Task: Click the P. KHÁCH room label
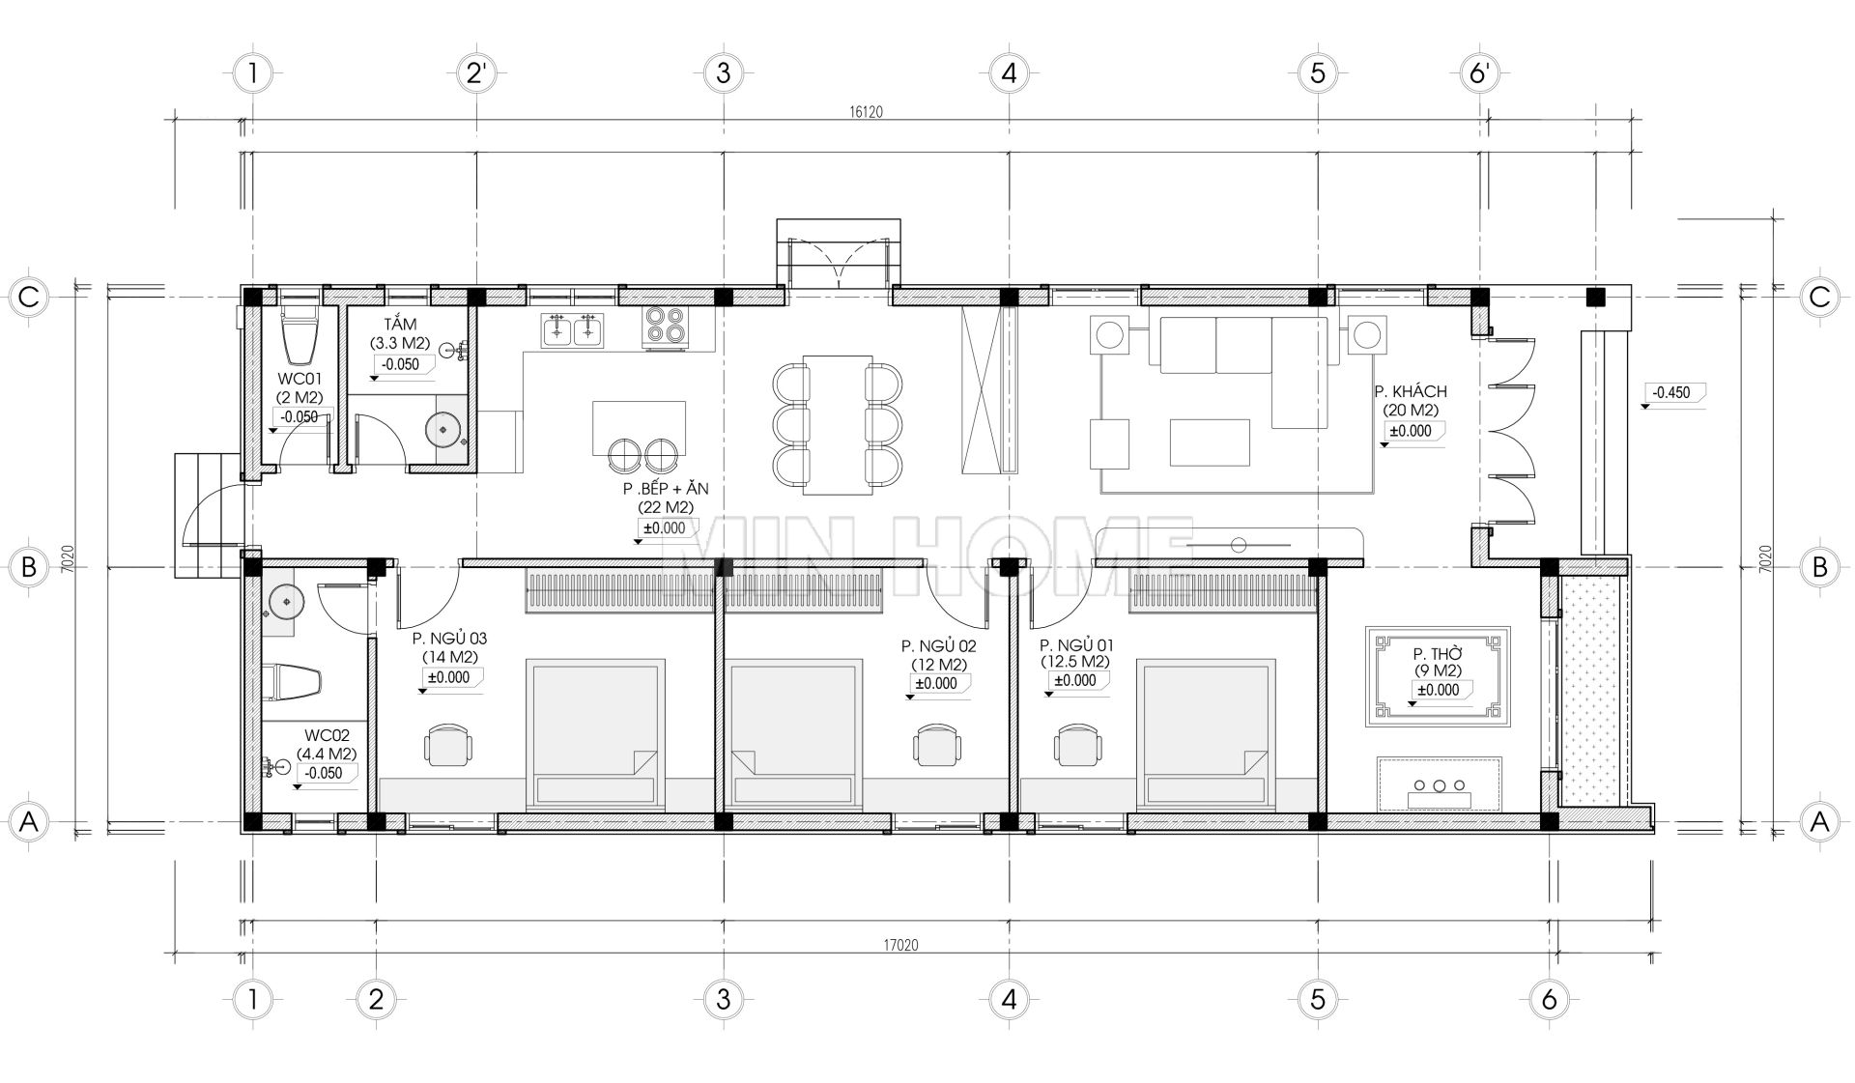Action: click(1411, 391)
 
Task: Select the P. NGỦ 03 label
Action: click(449, 639)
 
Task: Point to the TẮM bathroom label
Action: click(399, 325)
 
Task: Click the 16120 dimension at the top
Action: click(866, 112)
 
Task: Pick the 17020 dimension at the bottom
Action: click(900, 946)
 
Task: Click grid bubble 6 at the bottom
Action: click(1550, 999)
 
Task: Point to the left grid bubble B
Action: click(29, 566)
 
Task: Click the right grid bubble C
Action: click(1820, 297)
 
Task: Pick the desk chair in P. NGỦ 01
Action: click(1077, 744)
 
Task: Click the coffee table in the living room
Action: click(1210, 442)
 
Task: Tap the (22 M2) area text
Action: click(665, 506)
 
